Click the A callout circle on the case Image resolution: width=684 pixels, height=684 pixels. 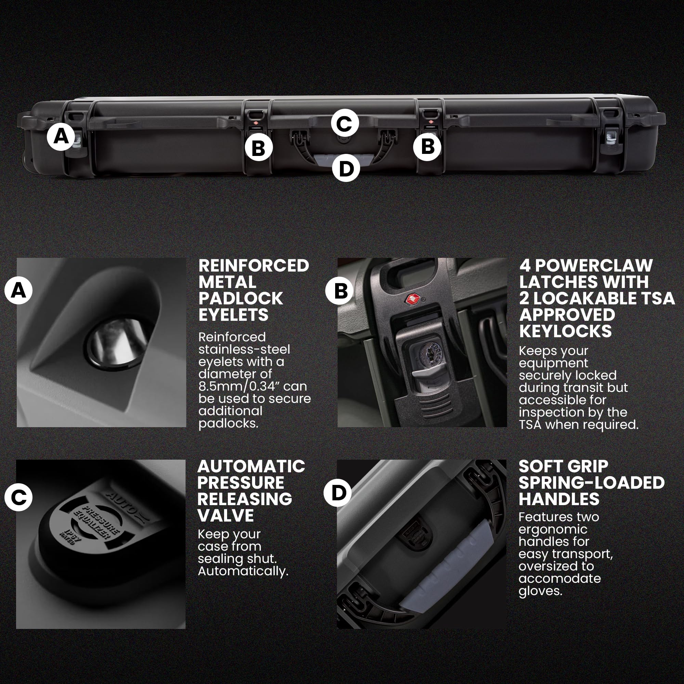tap(61, 136)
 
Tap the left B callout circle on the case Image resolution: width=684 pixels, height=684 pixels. tap(259, 147)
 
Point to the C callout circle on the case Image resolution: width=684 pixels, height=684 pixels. tap(344, 123)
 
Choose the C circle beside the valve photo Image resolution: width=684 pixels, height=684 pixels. tap(18, 497)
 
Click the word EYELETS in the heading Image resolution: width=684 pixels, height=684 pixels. tap(233, 315)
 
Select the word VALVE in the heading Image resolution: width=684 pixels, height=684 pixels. tap(226, 515)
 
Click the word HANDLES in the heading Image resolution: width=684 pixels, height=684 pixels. tap(559, 499)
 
